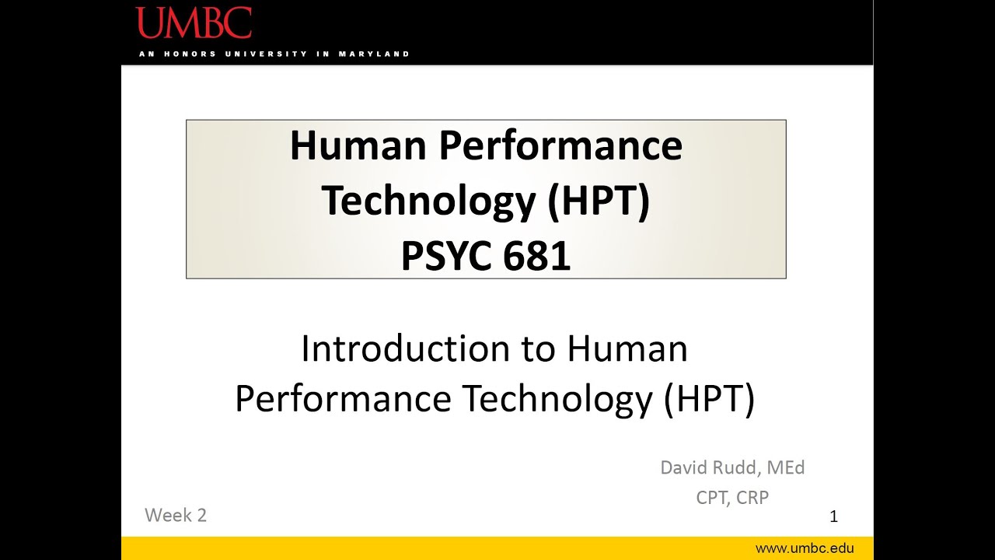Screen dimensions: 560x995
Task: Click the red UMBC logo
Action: pos(194,23)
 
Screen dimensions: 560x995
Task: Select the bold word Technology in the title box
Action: pos(428,201)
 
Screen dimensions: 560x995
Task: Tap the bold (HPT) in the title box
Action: pos(599,201)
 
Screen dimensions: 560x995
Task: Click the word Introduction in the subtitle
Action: pos(404,349)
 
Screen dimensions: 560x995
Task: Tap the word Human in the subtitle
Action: pos(627,349)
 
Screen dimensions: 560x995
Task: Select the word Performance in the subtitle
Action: pos(343,399)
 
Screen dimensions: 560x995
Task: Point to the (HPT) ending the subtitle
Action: pos(709,399)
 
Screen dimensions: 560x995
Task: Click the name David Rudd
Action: pos(707,467)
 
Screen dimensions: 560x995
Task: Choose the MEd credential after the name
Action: pos(785,467)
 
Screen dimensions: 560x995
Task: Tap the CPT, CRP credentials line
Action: pos(732,498)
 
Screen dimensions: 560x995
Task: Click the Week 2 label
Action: pos(176,515)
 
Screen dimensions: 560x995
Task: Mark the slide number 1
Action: pos(833,516)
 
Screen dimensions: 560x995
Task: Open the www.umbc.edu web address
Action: pos(805,548)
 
